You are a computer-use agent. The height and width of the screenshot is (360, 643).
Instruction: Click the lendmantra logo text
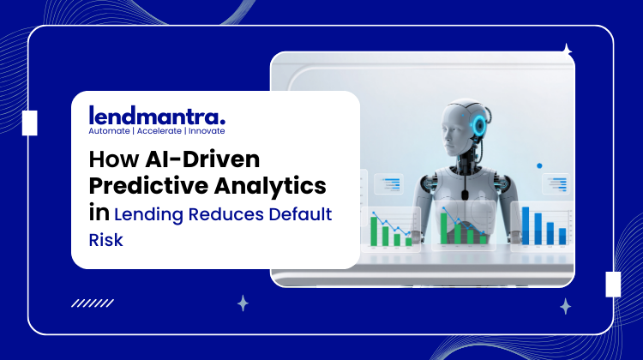pyautogui.click(x=157, y=115)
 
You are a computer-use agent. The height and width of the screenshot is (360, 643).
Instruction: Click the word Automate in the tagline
pyautogui.click(x=109, y=132)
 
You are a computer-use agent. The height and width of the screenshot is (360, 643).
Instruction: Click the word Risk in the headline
pyautogui.click(x=106, y=240)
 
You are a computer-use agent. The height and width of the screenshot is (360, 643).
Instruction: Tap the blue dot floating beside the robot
pyautogui.click(x=539, y=165)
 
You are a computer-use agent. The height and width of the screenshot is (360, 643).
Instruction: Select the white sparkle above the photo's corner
pyautogui.click(x=566, y=50)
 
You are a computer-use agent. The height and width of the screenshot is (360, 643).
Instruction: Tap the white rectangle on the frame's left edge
pyautogui.click(x=29, y=123)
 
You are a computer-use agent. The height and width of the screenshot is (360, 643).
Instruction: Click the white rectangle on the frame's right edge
pyautogui.click(x=613, y=284)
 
